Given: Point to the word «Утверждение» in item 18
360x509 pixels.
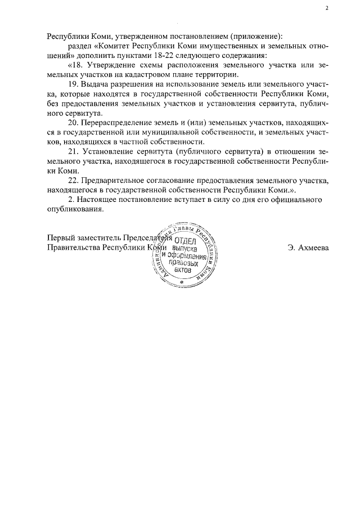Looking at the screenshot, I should coord(105,65).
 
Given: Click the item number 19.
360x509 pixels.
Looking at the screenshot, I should coord(73,84).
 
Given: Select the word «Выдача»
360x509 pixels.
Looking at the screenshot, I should coord(94,84).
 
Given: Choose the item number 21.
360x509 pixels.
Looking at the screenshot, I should coord(73,152).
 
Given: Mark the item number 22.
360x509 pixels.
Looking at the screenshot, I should coord(73,181).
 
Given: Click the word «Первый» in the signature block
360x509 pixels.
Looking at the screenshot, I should coord(60,237).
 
